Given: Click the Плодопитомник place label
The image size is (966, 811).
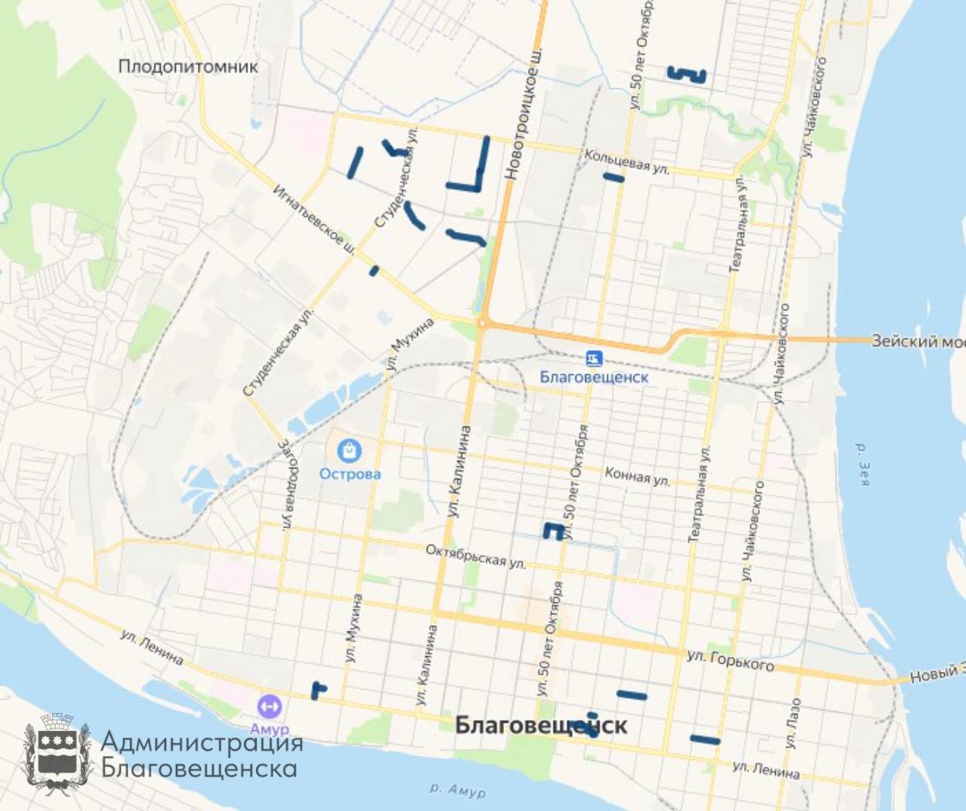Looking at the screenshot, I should (188, 66).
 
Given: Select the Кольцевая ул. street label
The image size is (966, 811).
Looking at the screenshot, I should (626, 161).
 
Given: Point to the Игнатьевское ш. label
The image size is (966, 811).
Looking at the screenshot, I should (314, 220).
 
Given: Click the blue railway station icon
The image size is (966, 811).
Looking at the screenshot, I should (594, 358).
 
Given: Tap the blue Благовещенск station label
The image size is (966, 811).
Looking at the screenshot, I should (594, 376).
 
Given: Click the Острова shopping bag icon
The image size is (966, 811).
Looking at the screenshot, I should (349, 451).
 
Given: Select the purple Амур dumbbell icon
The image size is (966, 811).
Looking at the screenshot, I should (269, 707).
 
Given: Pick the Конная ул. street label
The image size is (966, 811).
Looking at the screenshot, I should (637, 476).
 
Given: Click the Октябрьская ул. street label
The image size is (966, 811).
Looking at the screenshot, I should (475, 556).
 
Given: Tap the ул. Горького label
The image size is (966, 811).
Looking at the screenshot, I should (730, 659).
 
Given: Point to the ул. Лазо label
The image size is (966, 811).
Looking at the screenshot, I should (792, 723).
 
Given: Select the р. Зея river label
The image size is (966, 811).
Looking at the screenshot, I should (863, 464).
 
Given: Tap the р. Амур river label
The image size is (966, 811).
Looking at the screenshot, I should (457, 790).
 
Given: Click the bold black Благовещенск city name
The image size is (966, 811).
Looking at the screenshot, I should (540, 725).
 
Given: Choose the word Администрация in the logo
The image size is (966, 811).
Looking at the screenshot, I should (202, 742).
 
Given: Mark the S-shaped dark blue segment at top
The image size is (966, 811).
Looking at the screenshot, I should (686, 74).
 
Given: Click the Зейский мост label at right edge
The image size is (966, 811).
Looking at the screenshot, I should (917, 341).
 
